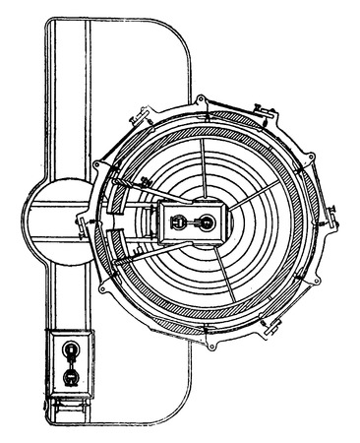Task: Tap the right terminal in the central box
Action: tap(207, 224)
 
